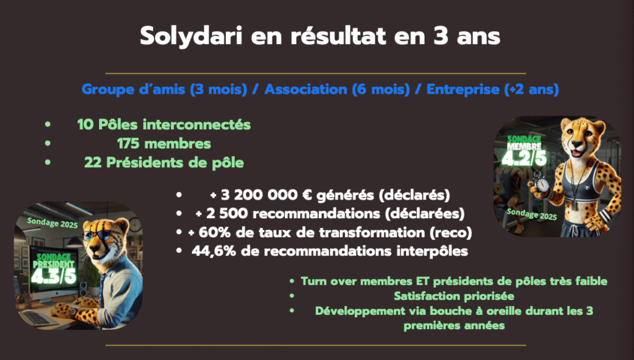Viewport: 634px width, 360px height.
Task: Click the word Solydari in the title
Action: tap(191, 37)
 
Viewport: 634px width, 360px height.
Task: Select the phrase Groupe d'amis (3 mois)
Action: tap(164, 89)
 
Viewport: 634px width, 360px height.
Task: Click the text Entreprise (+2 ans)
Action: tap(492, 89)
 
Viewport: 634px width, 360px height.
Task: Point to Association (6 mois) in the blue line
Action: tap(337, 89)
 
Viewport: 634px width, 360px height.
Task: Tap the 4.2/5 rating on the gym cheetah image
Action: tap(524, 158)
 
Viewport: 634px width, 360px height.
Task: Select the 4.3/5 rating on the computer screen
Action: tap(54, 276)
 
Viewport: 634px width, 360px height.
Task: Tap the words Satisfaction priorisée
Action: tap(454, 296)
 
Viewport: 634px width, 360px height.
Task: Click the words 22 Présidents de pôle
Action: tap(164, 162)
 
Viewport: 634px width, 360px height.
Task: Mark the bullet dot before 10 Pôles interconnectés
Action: tap(48, 124)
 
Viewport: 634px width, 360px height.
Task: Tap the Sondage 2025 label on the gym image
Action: tap(532, 214)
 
